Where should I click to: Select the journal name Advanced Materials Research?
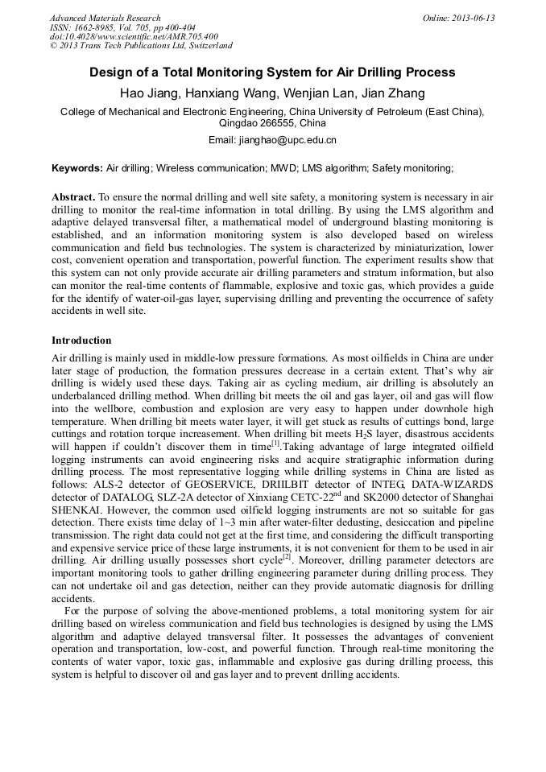(x=105, y=18)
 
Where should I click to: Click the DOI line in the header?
(x=134, y=37)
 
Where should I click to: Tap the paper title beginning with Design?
(x=272, y=72)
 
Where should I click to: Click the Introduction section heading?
(x=81, y=341)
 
